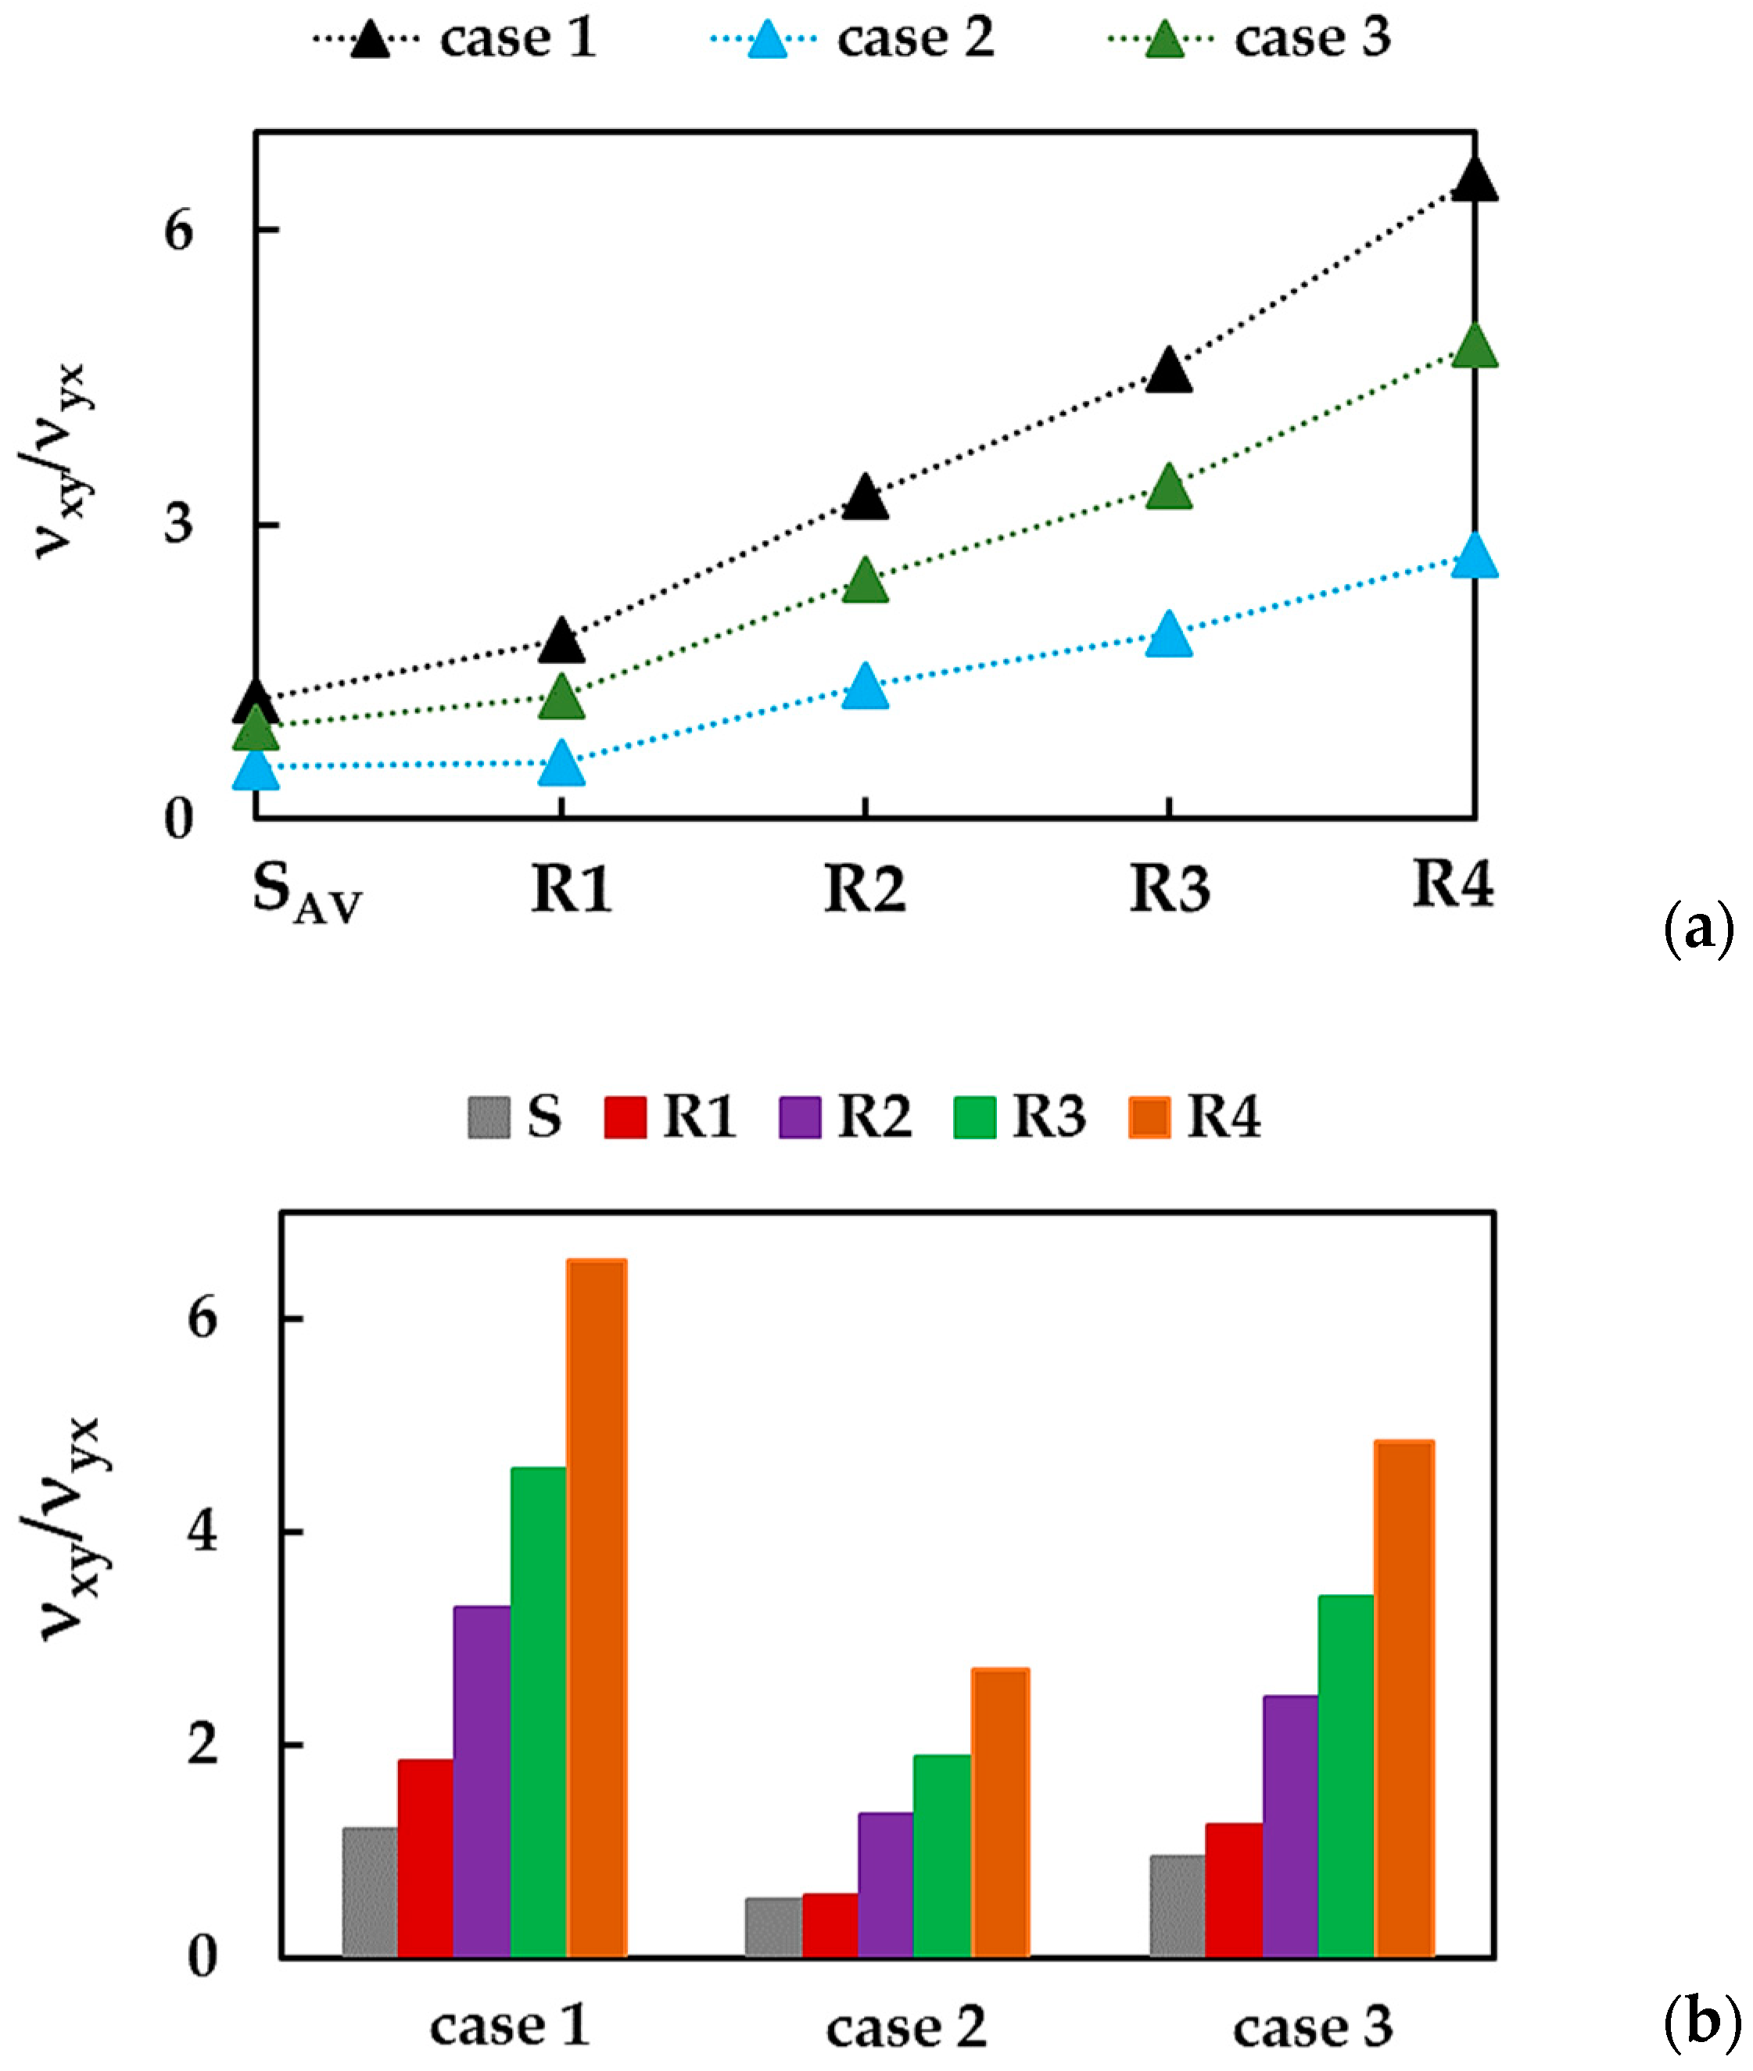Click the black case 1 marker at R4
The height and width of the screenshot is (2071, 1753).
pos(1473,180)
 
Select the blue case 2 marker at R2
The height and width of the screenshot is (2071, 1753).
pos(866,686)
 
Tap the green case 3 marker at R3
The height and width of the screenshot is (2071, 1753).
pos(1169,488)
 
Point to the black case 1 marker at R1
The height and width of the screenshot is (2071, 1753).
pos(561,642)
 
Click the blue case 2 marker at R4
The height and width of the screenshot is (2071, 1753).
pos(1473,557)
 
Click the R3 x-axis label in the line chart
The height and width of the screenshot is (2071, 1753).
pos(1170,887)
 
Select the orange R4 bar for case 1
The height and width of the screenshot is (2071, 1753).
pos(597,1609)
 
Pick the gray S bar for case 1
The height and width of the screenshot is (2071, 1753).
pos(370,1892)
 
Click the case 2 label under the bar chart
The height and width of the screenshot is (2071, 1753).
pos(905,2027)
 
